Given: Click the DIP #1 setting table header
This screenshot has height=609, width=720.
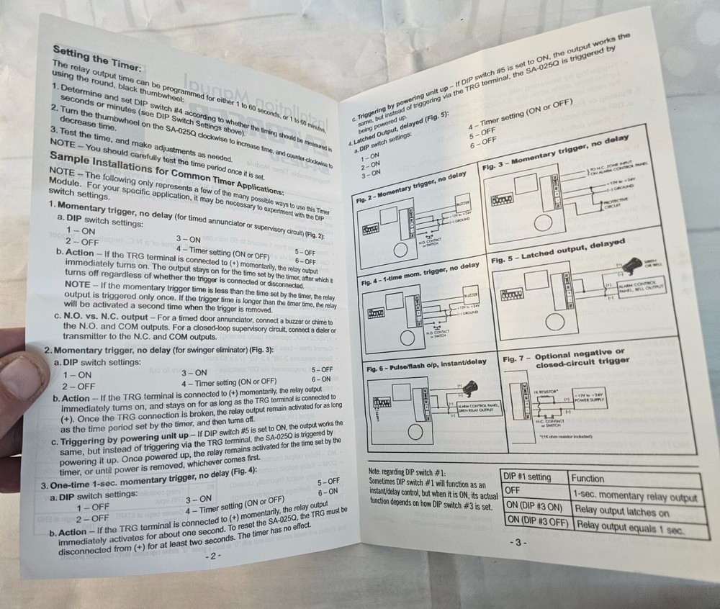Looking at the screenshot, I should pyautogui.click(x=528, y=477).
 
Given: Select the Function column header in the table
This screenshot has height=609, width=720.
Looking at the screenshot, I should pyautogui.click(x=588, y=479).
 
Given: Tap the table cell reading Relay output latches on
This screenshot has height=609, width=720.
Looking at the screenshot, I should pyautogui.click(x=621, y=513).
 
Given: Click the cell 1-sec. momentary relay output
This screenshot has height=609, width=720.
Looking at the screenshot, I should pyautogui.click(x=634, y=495).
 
